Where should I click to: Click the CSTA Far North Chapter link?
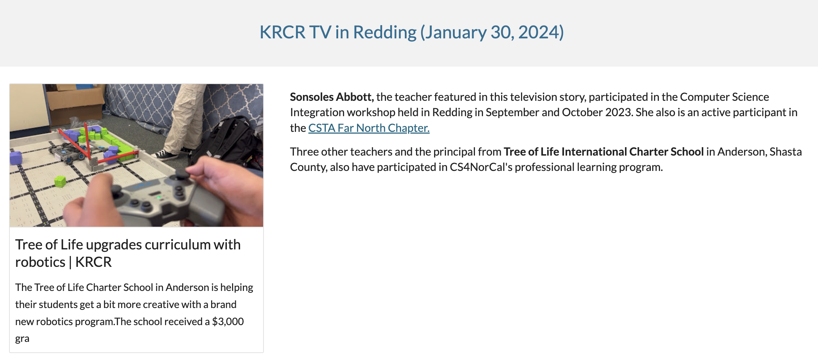tap(369, 128)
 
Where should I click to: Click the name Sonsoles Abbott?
tap(332, 97)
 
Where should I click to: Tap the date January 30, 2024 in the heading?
tap(492, 32)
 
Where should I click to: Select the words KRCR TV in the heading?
tap(295, 32)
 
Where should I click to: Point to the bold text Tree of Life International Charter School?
tap(603, 152)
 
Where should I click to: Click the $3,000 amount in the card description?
tap(228, 321)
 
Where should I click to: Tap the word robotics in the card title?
tap(40, 262)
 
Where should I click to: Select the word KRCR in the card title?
tap(94, 262)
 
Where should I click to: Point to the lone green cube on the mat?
tap(60, 181)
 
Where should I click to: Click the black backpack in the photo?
tap(230, 143)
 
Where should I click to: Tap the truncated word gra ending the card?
tap(22, 338)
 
